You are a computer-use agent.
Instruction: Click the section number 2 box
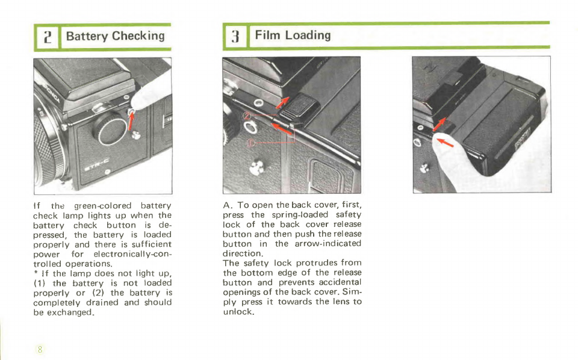47,37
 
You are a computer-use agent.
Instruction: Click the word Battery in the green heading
87,36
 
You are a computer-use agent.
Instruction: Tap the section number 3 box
235,36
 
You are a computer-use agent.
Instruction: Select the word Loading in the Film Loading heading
308,36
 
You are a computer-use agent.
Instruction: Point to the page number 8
40,349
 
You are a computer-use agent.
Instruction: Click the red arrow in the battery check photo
131,121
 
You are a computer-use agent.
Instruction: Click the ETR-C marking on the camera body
96,164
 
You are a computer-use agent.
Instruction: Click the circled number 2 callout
247,116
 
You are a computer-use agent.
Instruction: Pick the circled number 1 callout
250,143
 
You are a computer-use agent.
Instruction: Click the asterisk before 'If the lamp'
36,273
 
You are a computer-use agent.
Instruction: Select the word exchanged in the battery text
70,312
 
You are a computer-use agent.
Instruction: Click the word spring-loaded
300,215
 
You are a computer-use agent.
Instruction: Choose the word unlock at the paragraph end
238,312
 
